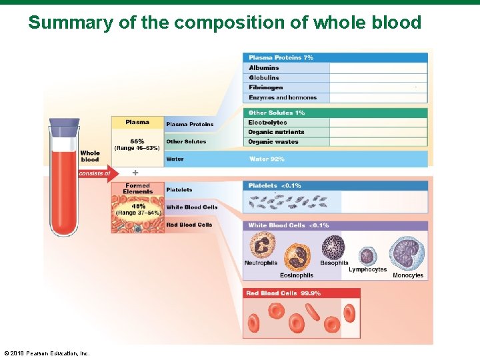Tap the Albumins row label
point(264,68)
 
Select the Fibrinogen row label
point(265,87)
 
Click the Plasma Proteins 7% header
point(281,58)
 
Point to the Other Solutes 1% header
point(276,113)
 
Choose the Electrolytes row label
point(267,123)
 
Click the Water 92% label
point(267,159)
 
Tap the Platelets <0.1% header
point(274,186)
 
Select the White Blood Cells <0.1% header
point(288,225)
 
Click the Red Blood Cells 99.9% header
point(283,293)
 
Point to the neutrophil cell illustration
point(261,245)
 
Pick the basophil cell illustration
point(333,247)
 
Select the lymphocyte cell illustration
point(367,256)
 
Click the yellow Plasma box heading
point(137,122)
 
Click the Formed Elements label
point(137,189)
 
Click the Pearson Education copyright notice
point(47,353)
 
